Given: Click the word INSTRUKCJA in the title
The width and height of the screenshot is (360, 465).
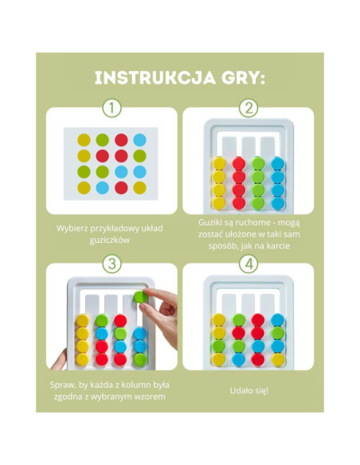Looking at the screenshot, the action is pyautogui.click(x=155, y=78).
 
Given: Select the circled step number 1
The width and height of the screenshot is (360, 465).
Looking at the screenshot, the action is pyautogui.click(x=112, y=108).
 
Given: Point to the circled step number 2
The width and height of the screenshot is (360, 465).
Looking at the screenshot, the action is pyautogui.click(x=248, y=108).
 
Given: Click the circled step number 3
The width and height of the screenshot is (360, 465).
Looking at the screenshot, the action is pyautogui.click(x=112, y=264).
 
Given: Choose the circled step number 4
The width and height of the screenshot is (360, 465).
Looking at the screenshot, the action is pyautogui.click(x=248, y=264).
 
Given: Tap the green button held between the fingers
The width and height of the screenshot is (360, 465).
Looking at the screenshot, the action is pyautogui.click(x=140, y=296).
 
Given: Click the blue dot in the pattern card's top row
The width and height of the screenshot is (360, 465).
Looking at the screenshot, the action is pyautogui.click(x=139, y=140).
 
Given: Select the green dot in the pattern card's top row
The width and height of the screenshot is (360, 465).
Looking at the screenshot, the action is pyautogui.click(x=102, y=140).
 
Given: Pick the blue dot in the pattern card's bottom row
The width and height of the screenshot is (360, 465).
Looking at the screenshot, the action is pyautogui.click(x=102, y=188).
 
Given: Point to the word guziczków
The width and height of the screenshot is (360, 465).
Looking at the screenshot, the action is pyautogui.click(x=110, y=240).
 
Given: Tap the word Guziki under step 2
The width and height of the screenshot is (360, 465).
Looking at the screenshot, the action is pyautogui.click(x=209, y=222).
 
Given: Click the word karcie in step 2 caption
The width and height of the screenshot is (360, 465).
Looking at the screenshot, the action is pyautogui.click(x=277, y=246).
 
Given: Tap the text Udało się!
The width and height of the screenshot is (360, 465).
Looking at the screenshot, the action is pyautogui.click(x=248, y=391).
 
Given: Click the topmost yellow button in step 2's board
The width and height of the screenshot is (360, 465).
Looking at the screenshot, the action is pyautogui.click(x=219, y=163).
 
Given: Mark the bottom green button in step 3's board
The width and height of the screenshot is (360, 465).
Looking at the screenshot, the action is pyautogui.click(x=140, y=359).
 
